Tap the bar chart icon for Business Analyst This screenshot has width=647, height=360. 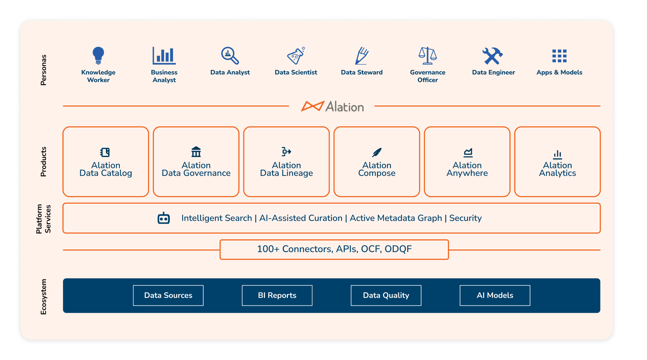coord(164,56)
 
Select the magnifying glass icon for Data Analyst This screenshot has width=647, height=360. coord(230,56)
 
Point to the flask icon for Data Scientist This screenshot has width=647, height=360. coord(296,56)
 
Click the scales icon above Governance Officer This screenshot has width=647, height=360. coord(427,56)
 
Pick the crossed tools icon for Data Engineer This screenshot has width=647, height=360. coord(492,56)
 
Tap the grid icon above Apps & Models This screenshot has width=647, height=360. coord(559,56)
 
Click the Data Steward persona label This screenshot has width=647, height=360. coord(362,72)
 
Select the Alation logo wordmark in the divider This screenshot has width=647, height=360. coord(332,106)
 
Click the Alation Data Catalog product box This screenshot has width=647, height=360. coord(106,162)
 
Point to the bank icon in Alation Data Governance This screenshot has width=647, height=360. coord(196,152)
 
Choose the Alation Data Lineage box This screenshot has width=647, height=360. coord(286,162)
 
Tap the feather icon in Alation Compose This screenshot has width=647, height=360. coord(377,152)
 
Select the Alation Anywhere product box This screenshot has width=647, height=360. coord(467,162)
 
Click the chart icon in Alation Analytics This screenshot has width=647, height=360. coord(558,154)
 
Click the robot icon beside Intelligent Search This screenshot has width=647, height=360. coord(164,218)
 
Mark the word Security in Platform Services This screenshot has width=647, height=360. coord(465,218)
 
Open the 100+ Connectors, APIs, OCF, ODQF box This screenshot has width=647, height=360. coord(334,249)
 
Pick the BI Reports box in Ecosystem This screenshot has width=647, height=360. coord(277,295)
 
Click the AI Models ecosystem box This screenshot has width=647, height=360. coord(495,295)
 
